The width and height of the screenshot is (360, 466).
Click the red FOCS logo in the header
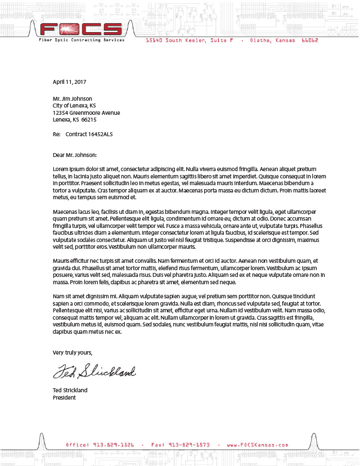[x=81, y=29]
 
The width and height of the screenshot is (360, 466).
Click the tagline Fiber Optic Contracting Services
[x=81, y=41]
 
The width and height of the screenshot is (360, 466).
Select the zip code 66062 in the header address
[x=310, y=41]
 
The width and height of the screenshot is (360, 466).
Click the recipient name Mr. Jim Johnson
[x=73, y=98]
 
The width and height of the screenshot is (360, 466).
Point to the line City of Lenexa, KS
[x=74, y=106]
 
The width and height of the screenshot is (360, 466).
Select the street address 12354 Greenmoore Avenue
[x=86, y=113]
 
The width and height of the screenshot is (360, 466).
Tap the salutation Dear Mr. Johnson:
[x=75, y=154]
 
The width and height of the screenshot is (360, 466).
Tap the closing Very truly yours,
[x=73, y=352]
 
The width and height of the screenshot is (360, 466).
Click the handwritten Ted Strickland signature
[x=94, y=372]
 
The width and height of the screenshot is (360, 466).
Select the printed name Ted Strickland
[x=70, y=390]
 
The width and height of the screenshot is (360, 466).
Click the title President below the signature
[x=64, y=397]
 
